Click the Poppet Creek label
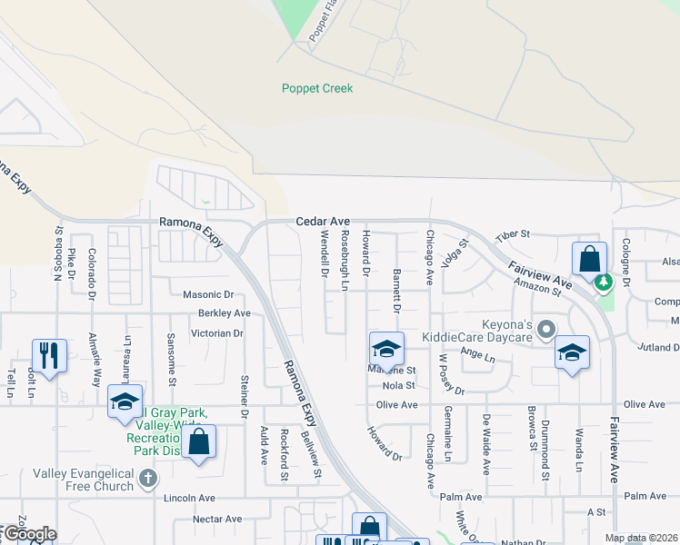coord(316,88)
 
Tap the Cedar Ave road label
coord(323,222)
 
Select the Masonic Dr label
coord(208,294)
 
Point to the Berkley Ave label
coord(224,313)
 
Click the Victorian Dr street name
coord(217,333)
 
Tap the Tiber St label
coord(513,235)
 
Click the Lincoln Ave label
coord(189,499)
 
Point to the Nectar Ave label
coord(217,520)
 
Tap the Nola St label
coord(399,385)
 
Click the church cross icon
coord(149,477)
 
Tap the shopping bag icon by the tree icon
coord(589,259)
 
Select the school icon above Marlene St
coord(386,350)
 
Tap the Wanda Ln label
coord(579,455)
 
